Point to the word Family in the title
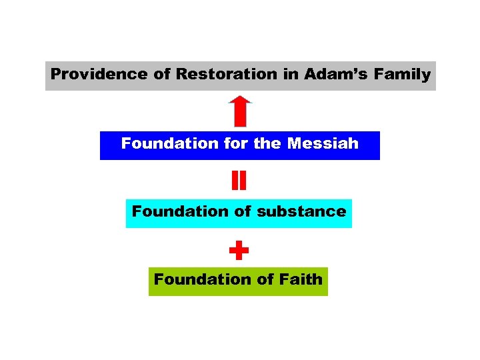[x=402, y=75]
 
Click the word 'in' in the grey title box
[x=291, y=75]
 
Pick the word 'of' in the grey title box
[x=162, y=75]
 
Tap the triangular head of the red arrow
[x=240, y=102]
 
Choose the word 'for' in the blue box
[x=236, y=144]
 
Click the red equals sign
[x=239, y=181]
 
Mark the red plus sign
[x=239, y=251]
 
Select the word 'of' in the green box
[x=263, y=279]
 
